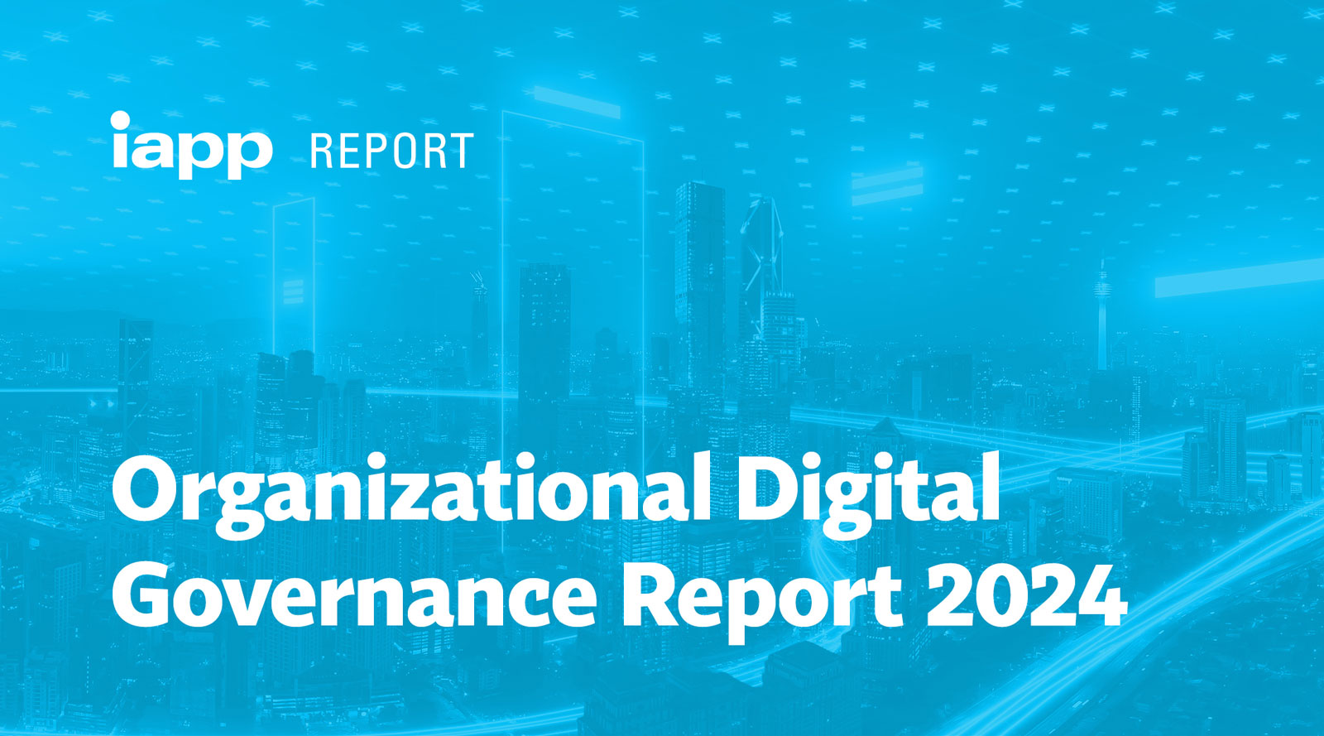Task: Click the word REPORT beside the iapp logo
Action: (x=392, y=152)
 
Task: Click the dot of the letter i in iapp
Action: (x=120, y=120)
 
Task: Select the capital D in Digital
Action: (x=766, y=489)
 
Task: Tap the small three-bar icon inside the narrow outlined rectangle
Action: (x=293, y=292)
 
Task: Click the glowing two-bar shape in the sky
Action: (x=887, y=185)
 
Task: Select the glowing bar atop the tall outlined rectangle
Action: (x=577, y=102)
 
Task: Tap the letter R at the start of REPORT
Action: (x=322, y=152)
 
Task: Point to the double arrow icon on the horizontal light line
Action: (x=103, y=404)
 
